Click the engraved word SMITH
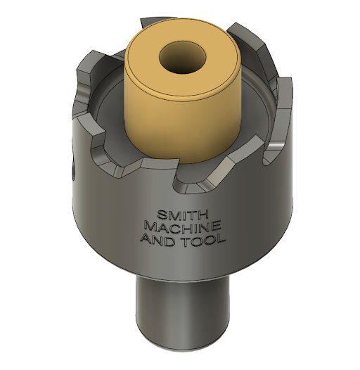pyautogui.click(x=181, y=214)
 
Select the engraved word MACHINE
pyautogui.click(x=182, y=227)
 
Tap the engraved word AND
pyautogui.click(x=157, y=240)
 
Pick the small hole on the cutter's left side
pyautogui.click(x=72, y=169)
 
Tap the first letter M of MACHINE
pyautogui.click(x=149, y=227)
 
